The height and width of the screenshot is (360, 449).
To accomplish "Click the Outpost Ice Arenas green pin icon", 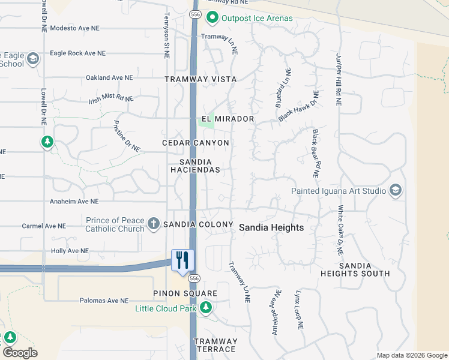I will [212, 18].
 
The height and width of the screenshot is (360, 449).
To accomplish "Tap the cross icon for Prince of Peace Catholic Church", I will [154, 224].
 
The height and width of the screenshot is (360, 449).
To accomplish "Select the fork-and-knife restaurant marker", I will [182, 260].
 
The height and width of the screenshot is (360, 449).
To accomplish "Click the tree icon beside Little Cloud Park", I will [206, 308].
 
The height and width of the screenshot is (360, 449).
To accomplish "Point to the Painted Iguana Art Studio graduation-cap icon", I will [396, 191].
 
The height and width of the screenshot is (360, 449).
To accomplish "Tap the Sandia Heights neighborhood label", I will [271, 228].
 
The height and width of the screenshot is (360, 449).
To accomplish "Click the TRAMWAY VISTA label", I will [201, 79].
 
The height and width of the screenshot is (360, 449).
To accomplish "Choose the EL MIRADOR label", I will [228, 119].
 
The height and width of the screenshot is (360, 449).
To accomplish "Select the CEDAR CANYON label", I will [196, 143].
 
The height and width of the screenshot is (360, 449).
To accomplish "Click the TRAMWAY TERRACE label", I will [215, 345].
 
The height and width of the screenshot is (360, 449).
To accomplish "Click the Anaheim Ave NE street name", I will [74, 202].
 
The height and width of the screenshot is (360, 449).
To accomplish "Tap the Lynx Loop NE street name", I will [298, 311].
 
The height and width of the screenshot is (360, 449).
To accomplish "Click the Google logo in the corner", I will [20, 353].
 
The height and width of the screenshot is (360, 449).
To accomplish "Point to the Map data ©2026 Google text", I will [412, 355].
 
